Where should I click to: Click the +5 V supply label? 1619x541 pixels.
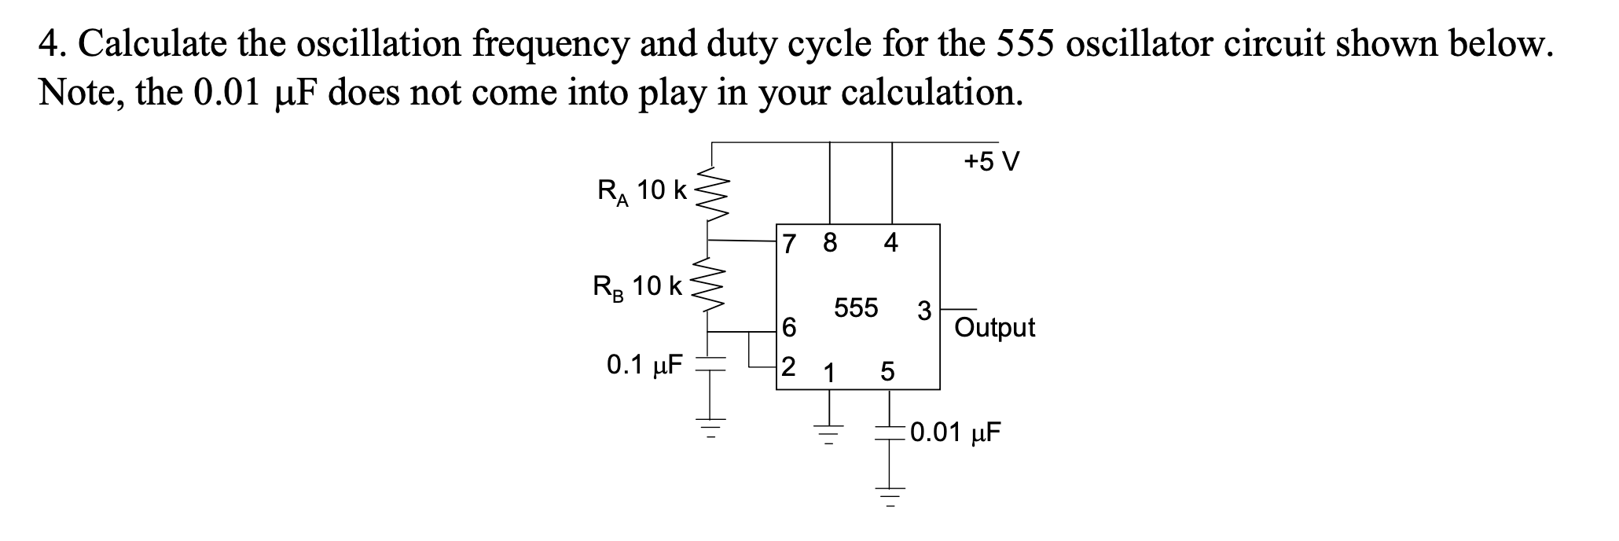click(x=992, y=163)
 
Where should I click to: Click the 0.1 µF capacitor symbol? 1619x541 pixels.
click(x=160, y=364)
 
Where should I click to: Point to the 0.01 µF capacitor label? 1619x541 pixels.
click(x=956, y=432)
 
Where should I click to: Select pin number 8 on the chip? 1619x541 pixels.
click(x=830, y=243)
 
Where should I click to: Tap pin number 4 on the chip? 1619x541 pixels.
click(x=890, y=243)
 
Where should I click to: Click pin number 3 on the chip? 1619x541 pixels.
click(x=924, y=311)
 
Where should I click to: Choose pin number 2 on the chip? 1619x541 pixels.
click(x=788, y=366)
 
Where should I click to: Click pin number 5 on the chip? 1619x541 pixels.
click(x=887, y=372)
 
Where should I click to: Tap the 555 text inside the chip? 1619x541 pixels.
click(x=856, y=307)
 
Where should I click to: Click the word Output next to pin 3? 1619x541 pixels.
click(x=994, y=327)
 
